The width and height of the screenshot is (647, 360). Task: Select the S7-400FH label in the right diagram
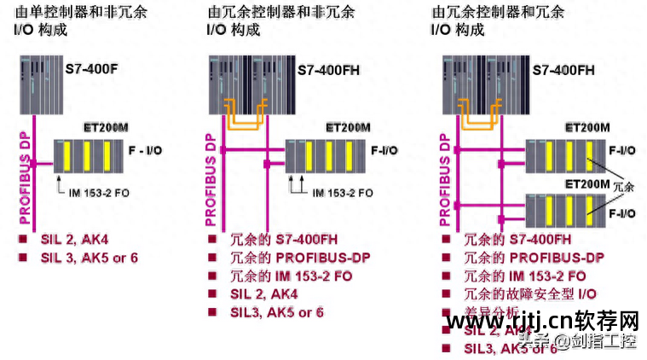[563, 70]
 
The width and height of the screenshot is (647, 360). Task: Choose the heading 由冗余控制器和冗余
[498, 13]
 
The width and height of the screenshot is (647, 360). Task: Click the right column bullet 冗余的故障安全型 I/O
[530, 294]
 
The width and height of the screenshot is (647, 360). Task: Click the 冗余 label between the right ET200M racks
[625, 186]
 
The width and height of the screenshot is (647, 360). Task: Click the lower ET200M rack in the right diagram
[563, 209]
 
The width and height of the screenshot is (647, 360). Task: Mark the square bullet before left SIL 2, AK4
[23, 239]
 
